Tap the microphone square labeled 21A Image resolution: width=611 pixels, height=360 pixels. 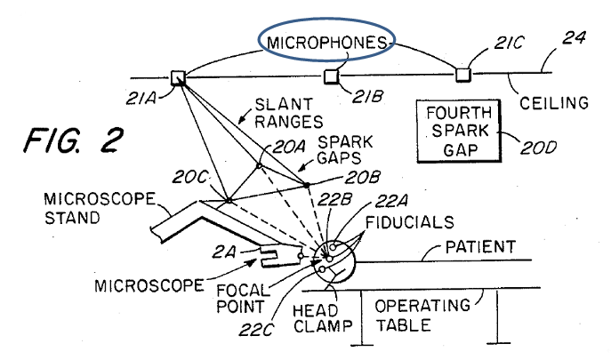tap(177, 76)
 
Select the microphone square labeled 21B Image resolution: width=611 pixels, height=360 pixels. tap(330, 76)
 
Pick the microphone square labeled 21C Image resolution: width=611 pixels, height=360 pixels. tap(462, 73)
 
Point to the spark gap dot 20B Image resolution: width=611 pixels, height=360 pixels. tap(307, 186)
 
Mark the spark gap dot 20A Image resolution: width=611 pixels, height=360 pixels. tap(259, 166)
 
